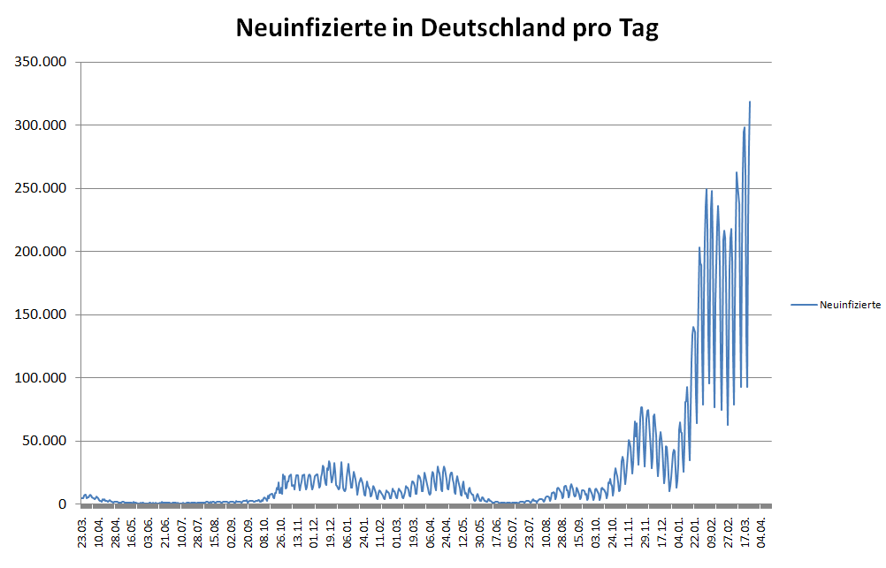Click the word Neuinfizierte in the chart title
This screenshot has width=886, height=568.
click(310, 28)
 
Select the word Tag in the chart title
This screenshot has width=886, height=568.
click(637, 28)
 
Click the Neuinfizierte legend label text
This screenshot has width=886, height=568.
click(850, 305)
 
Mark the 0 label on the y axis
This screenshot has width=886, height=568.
click(62, 504)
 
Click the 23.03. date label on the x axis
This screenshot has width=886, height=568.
click(83, 534)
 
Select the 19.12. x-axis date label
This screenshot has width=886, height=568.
click(332, 534)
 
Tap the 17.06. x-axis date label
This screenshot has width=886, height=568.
click(497, 534)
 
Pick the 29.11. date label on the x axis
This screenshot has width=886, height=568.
click(646, 534)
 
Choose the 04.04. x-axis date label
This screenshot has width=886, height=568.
click(762, 534)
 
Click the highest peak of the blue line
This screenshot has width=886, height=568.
click(750, 102)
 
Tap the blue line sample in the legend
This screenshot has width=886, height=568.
click(804, 305)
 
